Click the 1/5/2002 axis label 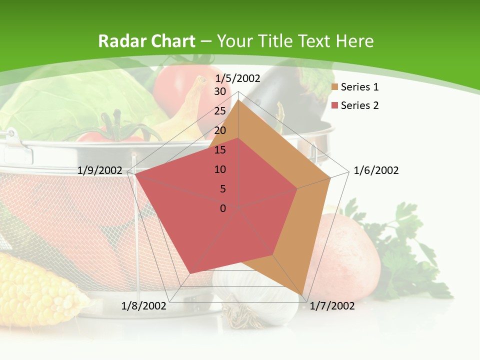pyautogui.click(x=237, y=78)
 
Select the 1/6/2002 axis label pyautogui.click(x=376, y=170)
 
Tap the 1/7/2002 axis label pyautogui.click(x=332, y=306)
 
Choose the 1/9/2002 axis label pyautogui.click(x=100, y=170)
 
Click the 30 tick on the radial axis pyautogui.click(x=220, y=91)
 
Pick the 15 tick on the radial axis pyautogui.click(x=220, y=150)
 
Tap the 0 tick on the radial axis pyautogui.click(x=223, y=208)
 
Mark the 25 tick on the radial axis pyautogui.click(x=220, y=111)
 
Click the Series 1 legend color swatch pyautogui.click(x=335, y=87)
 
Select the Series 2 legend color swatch pyautogui.click(x=335, y=105)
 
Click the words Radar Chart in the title pyautogui.click(x=146, y=41)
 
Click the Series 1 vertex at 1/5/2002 pyautogui.click(x=238, y=100)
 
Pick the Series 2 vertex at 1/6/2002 pyautogui.click(x=297, y=188)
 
